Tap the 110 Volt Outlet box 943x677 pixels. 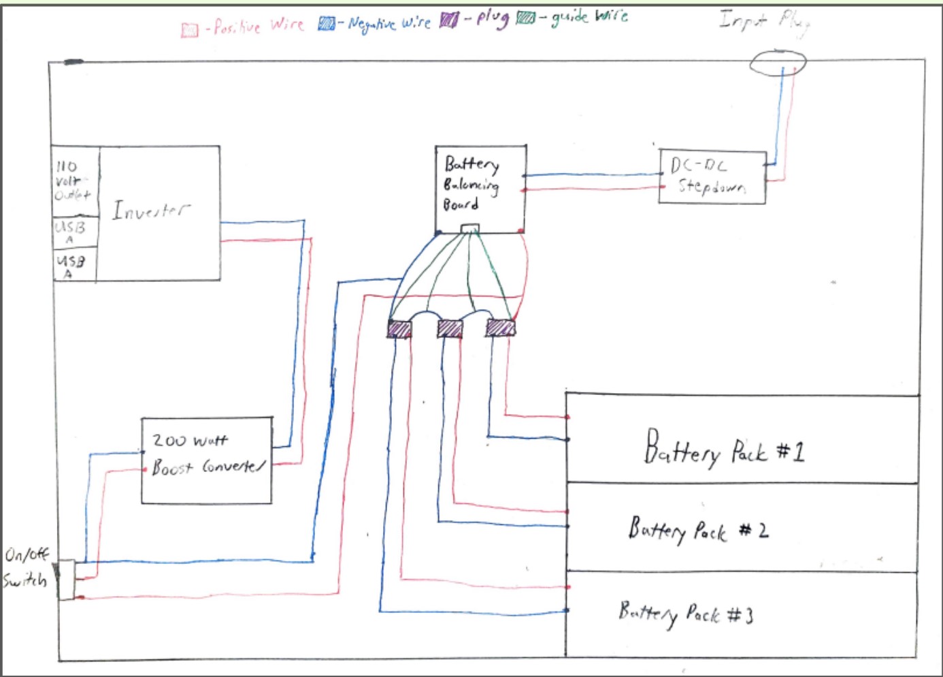(75, 181)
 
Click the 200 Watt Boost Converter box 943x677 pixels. (207, 460)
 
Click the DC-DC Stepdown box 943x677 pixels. (712, 177)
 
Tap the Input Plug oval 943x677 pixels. (778, 63)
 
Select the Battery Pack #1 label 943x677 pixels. (724, 450)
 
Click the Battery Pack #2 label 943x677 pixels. (698, 530)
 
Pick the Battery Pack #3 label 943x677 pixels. (686, 614)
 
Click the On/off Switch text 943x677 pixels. (26, 567)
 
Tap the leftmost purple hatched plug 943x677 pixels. (399, 329)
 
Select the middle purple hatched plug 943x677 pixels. (450, 329)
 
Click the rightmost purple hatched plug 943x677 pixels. (501, 328)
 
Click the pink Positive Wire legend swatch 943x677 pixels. (189, 29)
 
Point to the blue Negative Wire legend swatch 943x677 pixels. (327, 25)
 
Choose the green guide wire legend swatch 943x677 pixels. (525, 18)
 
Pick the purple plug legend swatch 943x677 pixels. (448, 21)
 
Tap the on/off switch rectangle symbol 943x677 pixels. (66, 580)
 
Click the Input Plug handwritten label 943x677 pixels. (765, 22)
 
